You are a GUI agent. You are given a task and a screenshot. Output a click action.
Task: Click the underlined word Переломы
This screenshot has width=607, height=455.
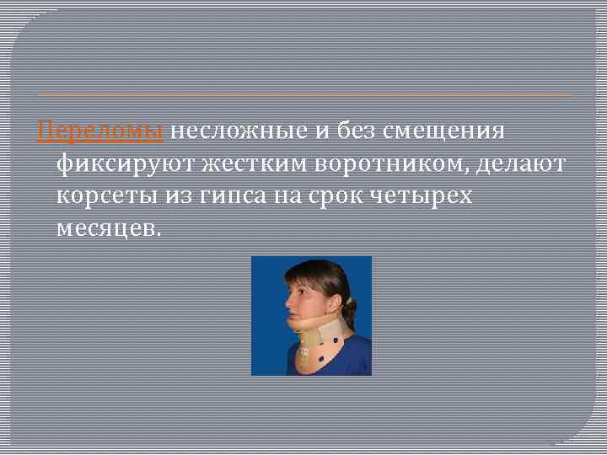pos(103,132)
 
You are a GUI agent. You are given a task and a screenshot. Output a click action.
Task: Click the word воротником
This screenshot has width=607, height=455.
pos(391,163)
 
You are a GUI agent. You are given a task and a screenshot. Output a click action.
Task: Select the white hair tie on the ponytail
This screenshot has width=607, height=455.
pos(346,300)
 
